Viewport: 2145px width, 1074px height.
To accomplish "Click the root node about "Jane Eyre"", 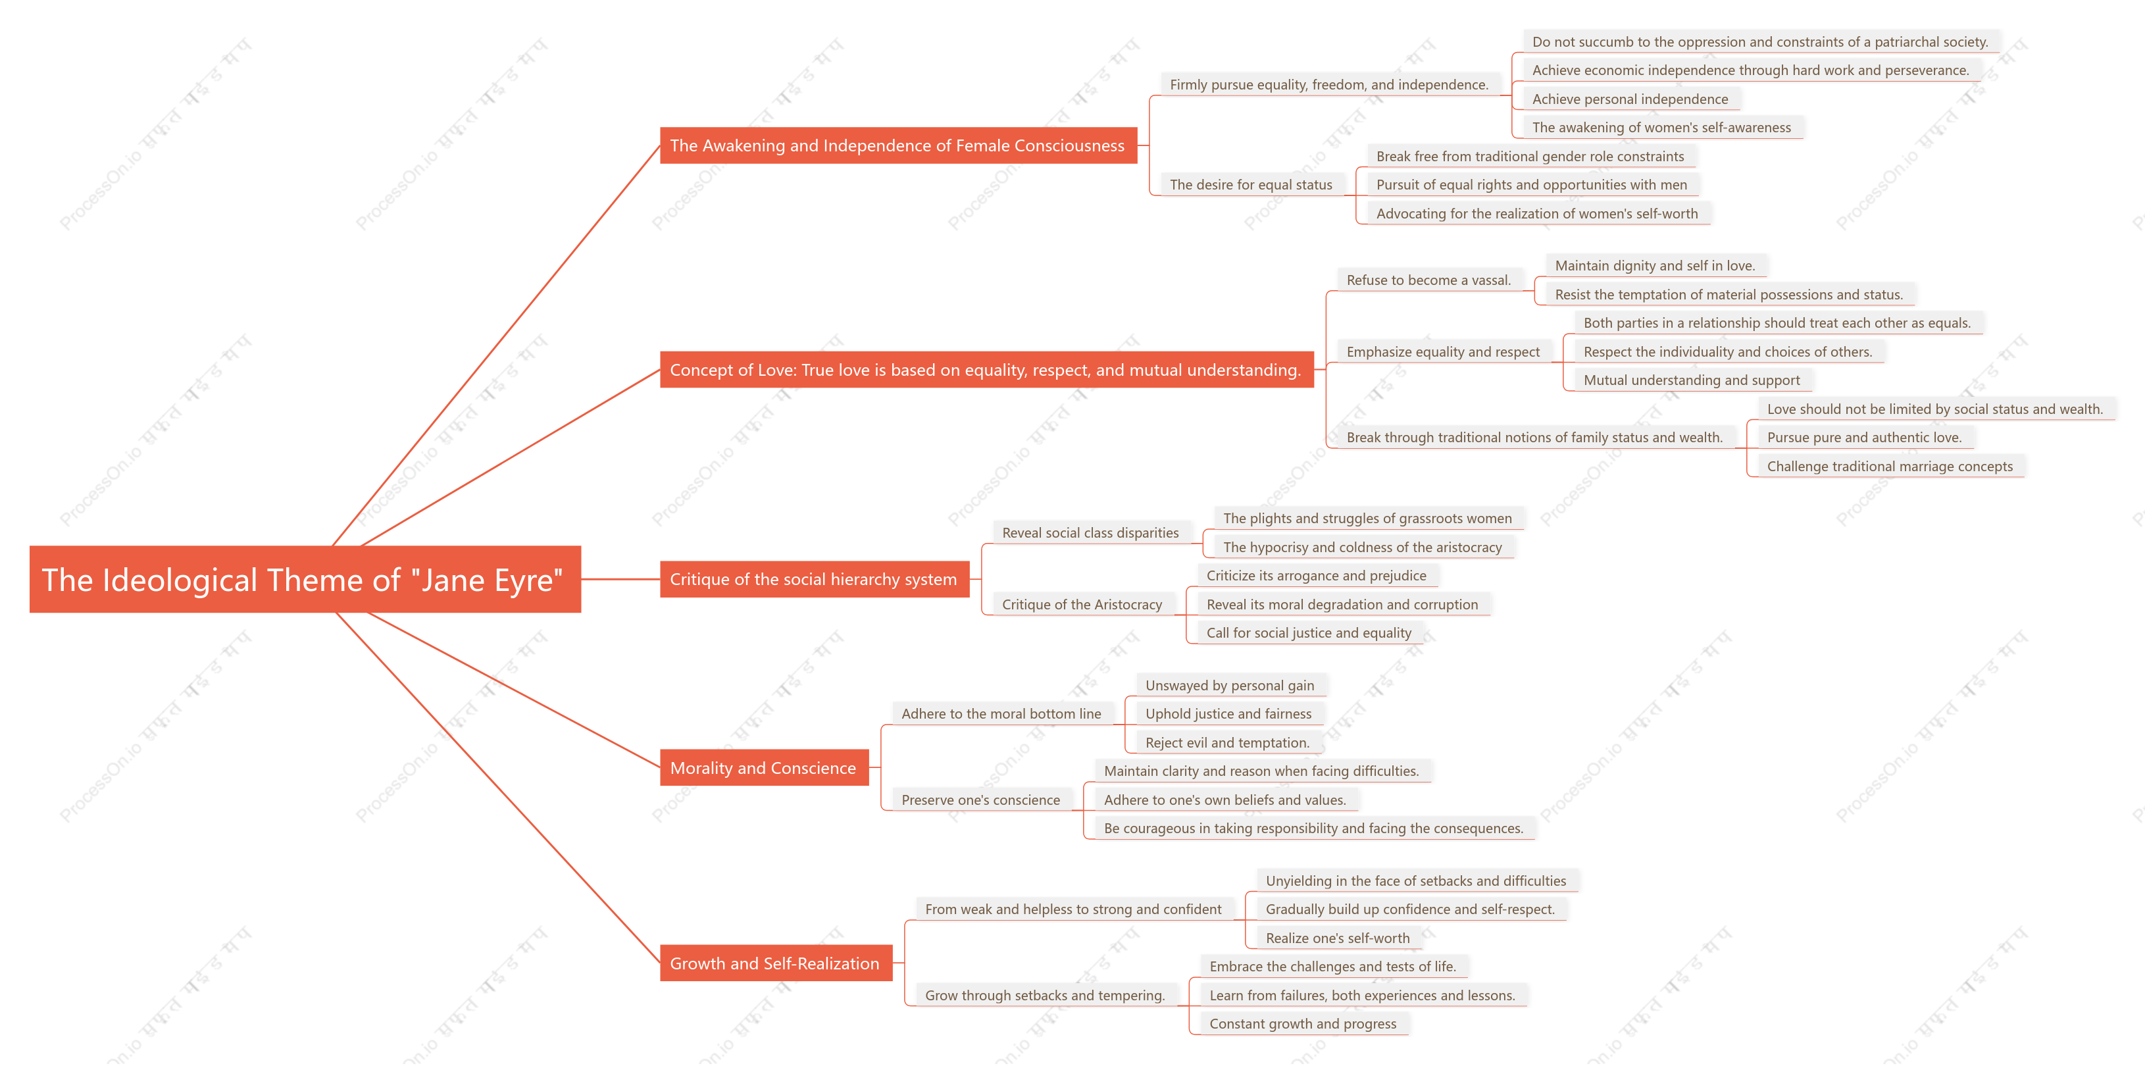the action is pyautogui.click(x=305, y=580).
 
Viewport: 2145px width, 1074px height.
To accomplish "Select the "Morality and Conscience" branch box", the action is pyautogui.click(x=763, y=767).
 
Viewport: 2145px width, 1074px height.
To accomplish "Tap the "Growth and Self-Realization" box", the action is pyautogui.click(x=775, y=963).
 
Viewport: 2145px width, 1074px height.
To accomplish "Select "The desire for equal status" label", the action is pyautogui.click(x=1251, y=185).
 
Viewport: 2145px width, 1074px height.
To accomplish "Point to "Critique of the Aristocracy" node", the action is pyautogui.click(x=1082, y=604).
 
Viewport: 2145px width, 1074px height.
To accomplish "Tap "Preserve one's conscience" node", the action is pyautogui.click(x=981, y=800).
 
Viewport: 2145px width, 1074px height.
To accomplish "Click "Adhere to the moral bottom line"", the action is pyautogui.click(x=1001, y=713).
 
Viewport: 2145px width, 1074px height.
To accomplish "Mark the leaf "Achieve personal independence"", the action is pyautogui.click(x=1630, y=99).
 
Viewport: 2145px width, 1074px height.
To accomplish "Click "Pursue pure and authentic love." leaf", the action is pyautogui.click(x=1863, y=437).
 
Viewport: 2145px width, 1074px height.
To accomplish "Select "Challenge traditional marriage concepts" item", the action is pyautogui.click(x=1889, y=466).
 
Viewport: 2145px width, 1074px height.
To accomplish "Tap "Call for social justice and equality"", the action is pyautogui.click(x=1308, y=632).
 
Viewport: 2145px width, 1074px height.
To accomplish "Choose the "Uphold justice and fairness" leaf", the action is pyautogui.click(x=1228, y=713).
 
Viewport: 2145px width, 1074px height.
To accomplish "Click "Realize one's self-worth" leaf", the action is pyautogui.click(x=1337, y=938).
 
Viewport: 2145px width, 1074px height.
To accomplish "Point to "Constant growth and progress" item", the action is pyautogui.click(x=1302, y=1024).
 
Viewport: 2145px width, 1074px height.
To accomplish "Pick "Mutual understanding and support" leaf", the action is pyautogui.click(x=1691, y=380).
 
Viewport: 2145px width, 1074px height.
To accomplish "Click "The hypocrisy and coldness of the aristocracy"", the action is pyautogui.click(x=1362, y=547).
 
